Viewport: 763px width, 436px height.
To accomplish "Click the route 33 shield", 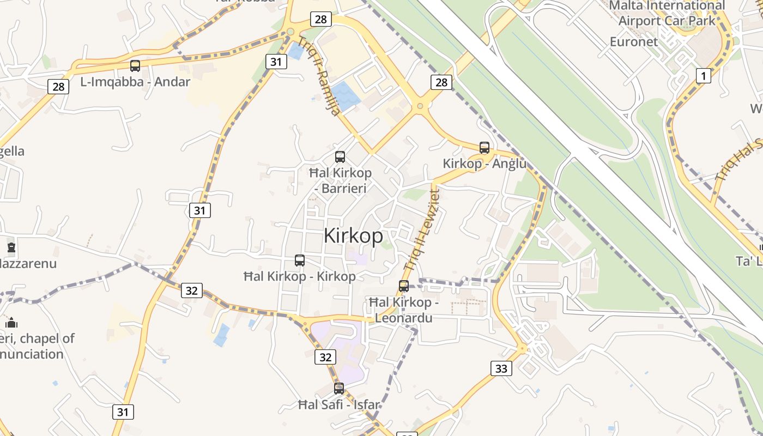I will point(501,368).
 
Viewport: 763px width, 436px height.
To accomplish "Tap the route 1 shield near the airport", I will point(704,76).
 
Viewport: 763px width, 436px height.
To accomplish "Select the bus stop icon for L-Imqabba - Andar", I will point(135,66).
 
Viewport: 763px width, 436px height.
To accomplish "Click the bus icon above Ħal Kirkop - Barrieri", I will point(340,157).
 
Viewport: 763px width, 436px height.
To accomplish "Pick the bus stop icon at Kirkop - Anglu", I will point(485,147).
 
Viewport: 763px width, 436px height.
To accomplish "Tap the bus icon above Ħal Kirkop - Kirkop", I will point(300,261).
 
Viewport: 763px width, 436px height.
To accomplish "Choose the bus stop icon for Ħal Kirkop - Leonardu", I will point(404,286).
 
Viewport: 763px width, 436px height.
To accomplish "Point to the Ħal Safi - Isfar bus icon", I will point(339,389).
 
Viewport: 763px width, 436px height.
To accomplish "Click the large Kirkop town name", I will point(353,236).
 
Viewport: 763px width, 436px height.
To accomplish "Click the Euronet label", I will point(634,41).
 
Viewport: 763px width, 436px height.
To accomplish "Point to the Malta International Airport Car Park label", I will point(667,14).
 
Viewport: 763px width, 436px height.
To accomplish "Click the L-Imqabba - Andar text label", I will point(135,82).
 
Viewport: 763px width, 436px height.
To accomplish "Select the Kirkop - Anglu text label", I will point(485,163).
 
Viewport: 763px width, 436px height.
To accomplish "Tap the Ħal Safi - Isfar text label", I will point(339,405).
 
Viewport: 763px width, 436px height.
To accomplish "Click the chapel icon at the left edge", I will point(11,322).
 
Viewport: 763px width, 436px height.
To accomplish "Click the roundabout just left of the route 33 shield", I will point(523,348).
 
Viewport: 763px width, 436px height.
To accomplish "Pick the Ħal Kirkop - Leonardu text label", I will point(404,310).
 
